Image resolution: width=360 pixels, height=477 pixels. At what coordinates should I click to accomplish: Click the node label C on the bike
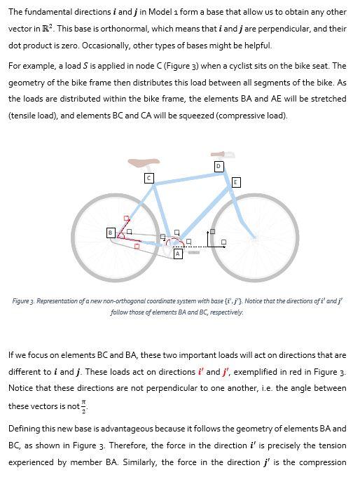148,179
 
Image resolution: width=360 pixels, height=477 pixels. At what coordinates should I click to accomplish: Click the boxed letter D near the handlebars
219,166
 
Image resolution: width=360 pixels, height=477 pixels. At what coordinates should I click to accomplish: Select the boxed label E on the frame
236,182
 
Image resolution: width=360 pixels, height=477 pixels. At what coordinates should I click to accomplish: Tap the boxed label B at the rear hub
110,232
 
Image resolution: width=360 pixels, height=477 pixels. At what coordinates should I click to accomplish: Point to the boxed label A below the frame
178,254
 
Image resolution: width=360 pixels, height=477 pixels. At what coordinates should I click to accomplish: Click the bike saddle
144,163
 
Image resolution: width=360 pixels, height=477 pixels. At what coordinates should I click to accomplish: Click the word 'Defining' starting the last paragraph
24,429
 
